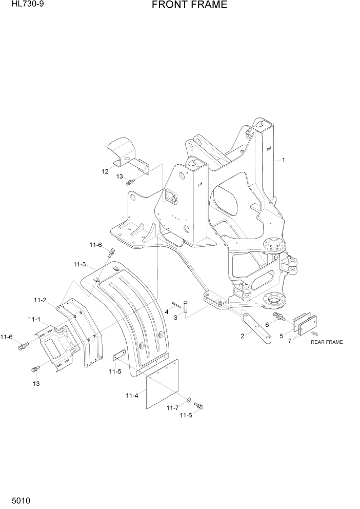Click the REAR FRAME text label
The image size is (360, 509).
pos(327,342)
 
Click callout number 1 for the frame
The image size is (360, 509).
pos(283,160)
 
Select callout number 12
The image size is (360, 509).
pos(105,171)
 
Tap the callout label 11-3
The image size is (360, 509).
pos(79,265)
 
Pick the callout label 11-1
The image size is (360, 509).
pos(34,319)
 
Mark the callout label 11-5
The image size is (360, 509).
pos(115,371)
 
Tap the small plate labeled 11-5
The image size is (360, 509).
pos(119,356)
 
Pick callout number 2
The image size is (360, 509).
pos(242,337)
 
